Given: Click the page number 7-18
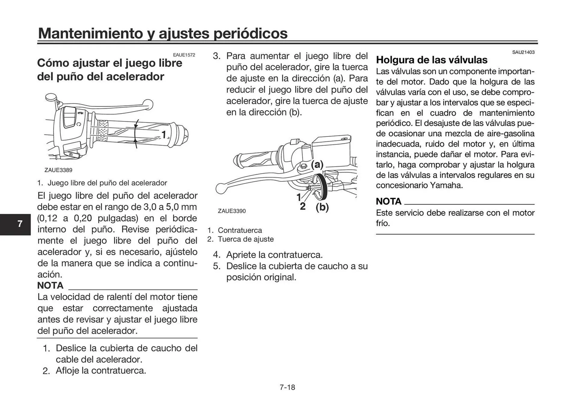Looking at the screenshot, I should click(x=287, y=387).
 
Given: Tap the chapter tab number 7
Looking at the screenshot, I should click(x=20, y=224).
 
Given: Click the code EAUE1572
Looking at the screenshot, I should click(x=184, y=55).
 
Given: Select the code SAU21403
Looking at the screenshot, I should click(x=523, y=52).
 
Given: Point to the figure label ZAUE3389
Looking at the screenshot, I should click(x=58, y=170).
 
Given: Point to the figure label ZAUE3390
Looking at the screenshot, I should click(x=232, y=211).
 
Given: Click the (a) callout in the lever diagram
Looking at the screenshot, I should click(x=317, y=165).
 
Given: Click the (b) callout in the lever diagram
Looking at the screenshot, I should click(x=322, y=207).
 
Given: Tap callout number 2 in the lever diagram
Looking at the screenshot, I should click(x=303, y=206).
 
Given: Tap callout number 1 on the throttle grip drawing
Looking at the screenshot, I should click(x=163, y=135).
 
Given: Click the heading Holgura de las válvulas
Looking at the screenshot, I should click(x=431, y=60).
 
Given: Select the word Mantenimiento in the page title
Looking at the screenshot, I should click(x=90, y=33).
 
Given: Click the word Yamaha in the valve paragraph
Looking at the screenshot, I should click(x=446, y=185).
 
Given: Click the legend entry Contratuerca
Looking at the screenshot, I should click(x=240, y=230).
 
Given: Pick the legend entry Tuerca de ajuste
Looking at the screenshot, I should click(x=246, y=239).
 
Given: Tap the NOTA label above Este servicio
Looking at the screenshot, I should click(x=388, y=201).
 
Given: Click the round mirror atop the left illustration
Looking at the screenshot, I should click(x=51, y=97).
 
